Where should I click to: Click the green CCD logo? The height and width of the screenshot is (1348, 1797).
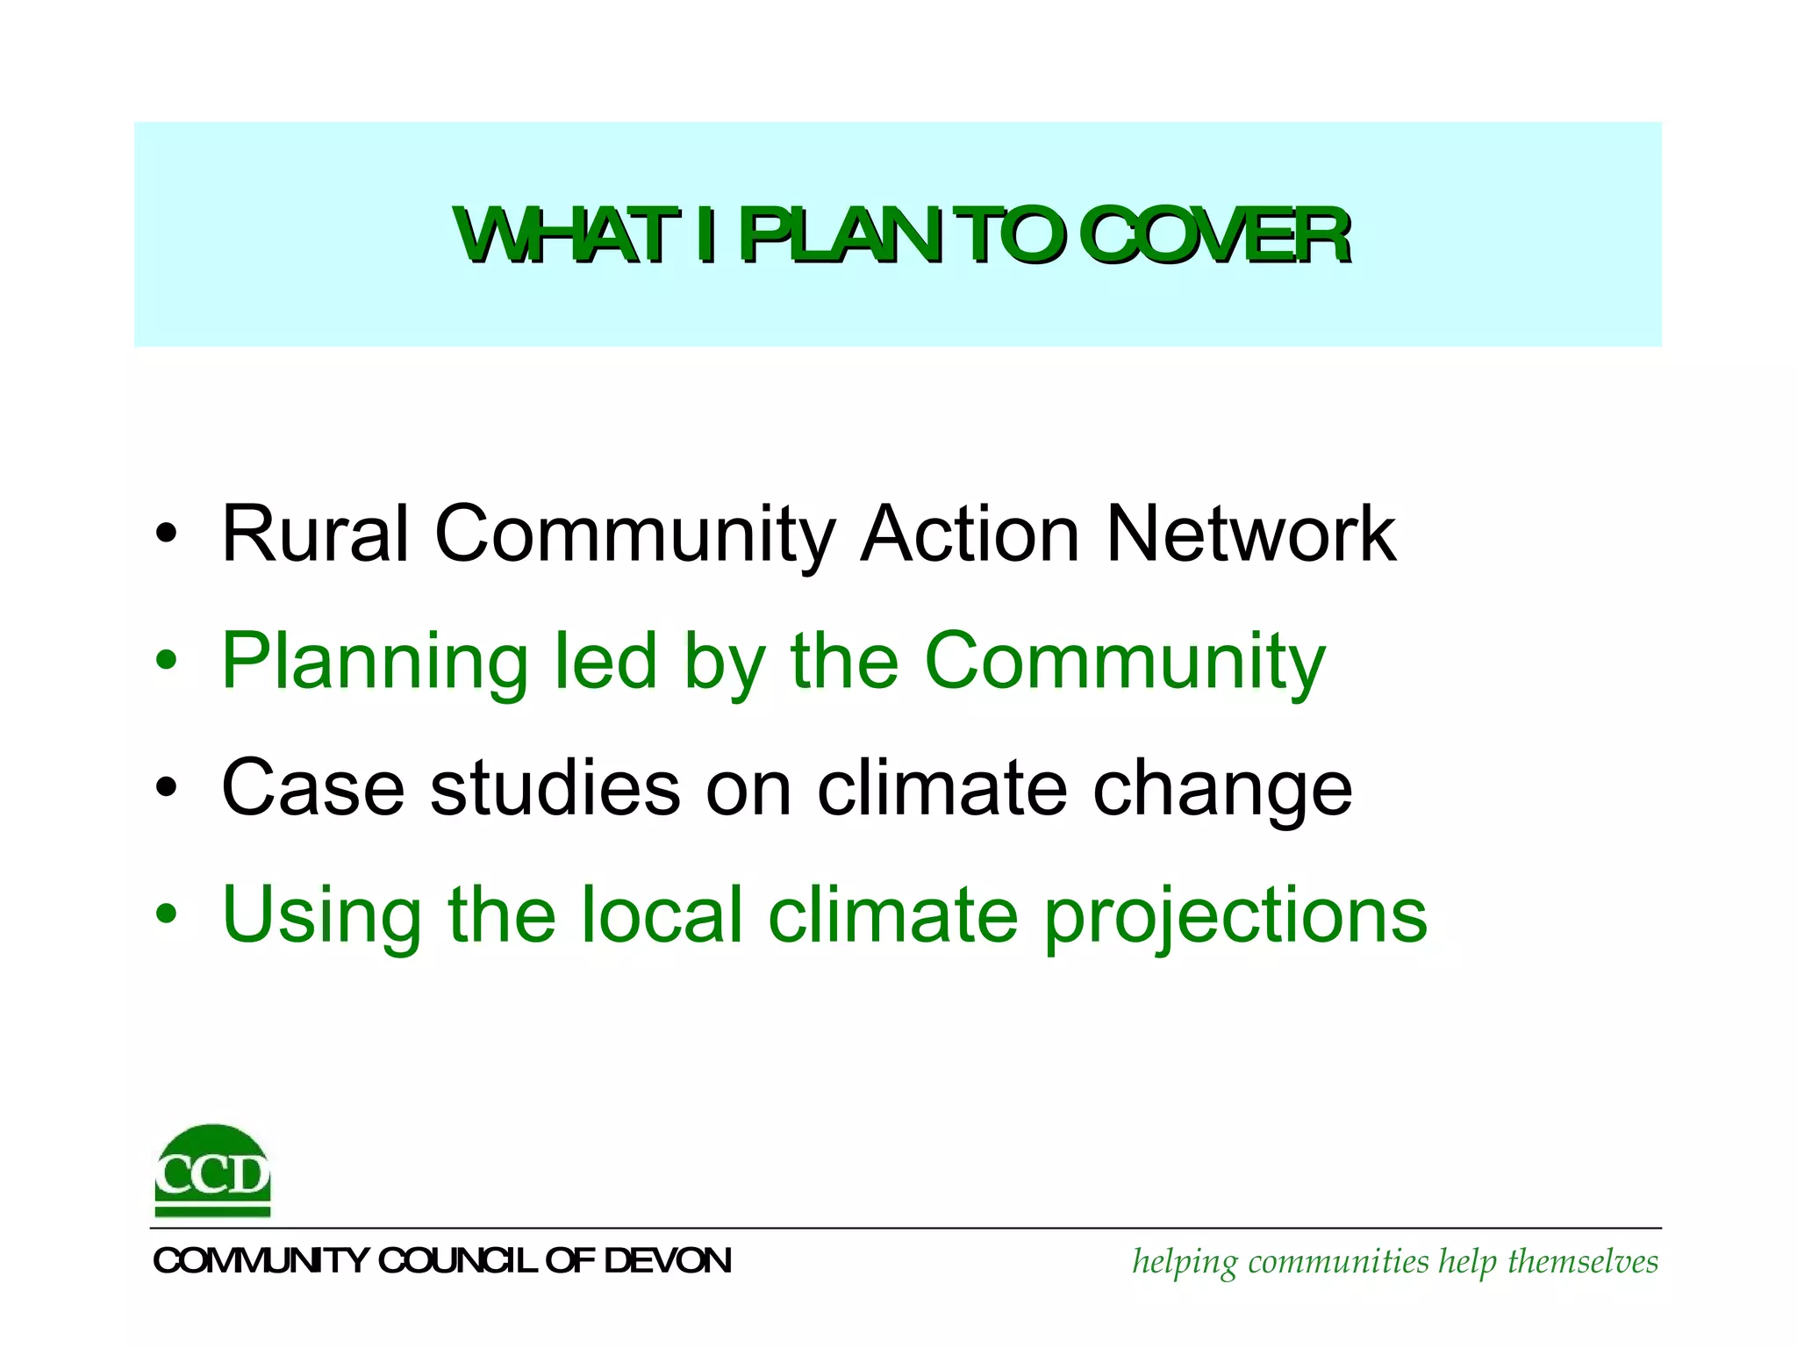(212, 1171)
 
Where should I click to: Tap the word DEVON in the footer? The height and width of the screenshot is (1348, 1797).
(668, 1261)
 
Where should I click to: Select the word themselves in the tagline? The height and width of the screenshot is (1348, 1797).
(1583, 1262)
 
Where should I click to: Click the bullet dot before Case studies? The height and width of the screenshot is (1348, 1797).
(166, 789)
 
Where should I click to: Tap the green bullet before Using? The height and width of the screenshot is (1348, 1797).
(166, 916)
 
